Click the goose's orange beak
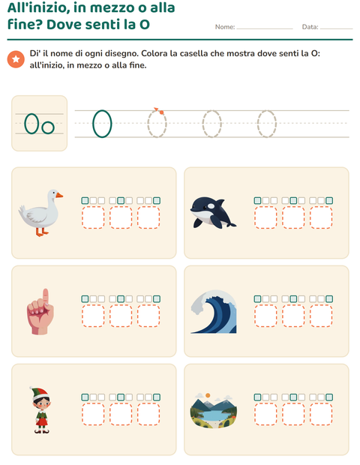[x=59, y=195]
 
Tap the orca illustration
[x=213, y=213]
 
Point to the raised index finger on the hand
[x=45, y=297]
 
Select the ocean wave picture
[x=214, y=312]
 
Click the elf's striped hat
[x=39, y=393]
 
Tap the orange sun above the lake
[x=208, y=395]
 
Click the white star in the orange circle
[x=16, y=59]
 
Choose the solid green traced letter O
[x=102, y=124]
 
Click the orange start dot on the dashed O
[x=161, y=112]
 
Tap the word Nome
[x=224, y=27]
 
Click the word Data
[x=310, y=27]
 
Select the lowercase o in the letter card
[x=48, y=127]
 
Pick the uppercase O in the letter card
[x=31, y=124]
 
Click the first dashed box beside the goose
[x=93, y=217]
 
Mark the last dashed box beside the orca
[x=321, y=217]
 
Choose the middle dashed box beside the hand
[x=121, y=316]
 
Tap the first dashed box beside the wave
[x=265, y=316]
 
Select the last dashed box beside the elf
[x=148, y=414]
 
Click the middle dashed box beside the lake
[x=293, y=414]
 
